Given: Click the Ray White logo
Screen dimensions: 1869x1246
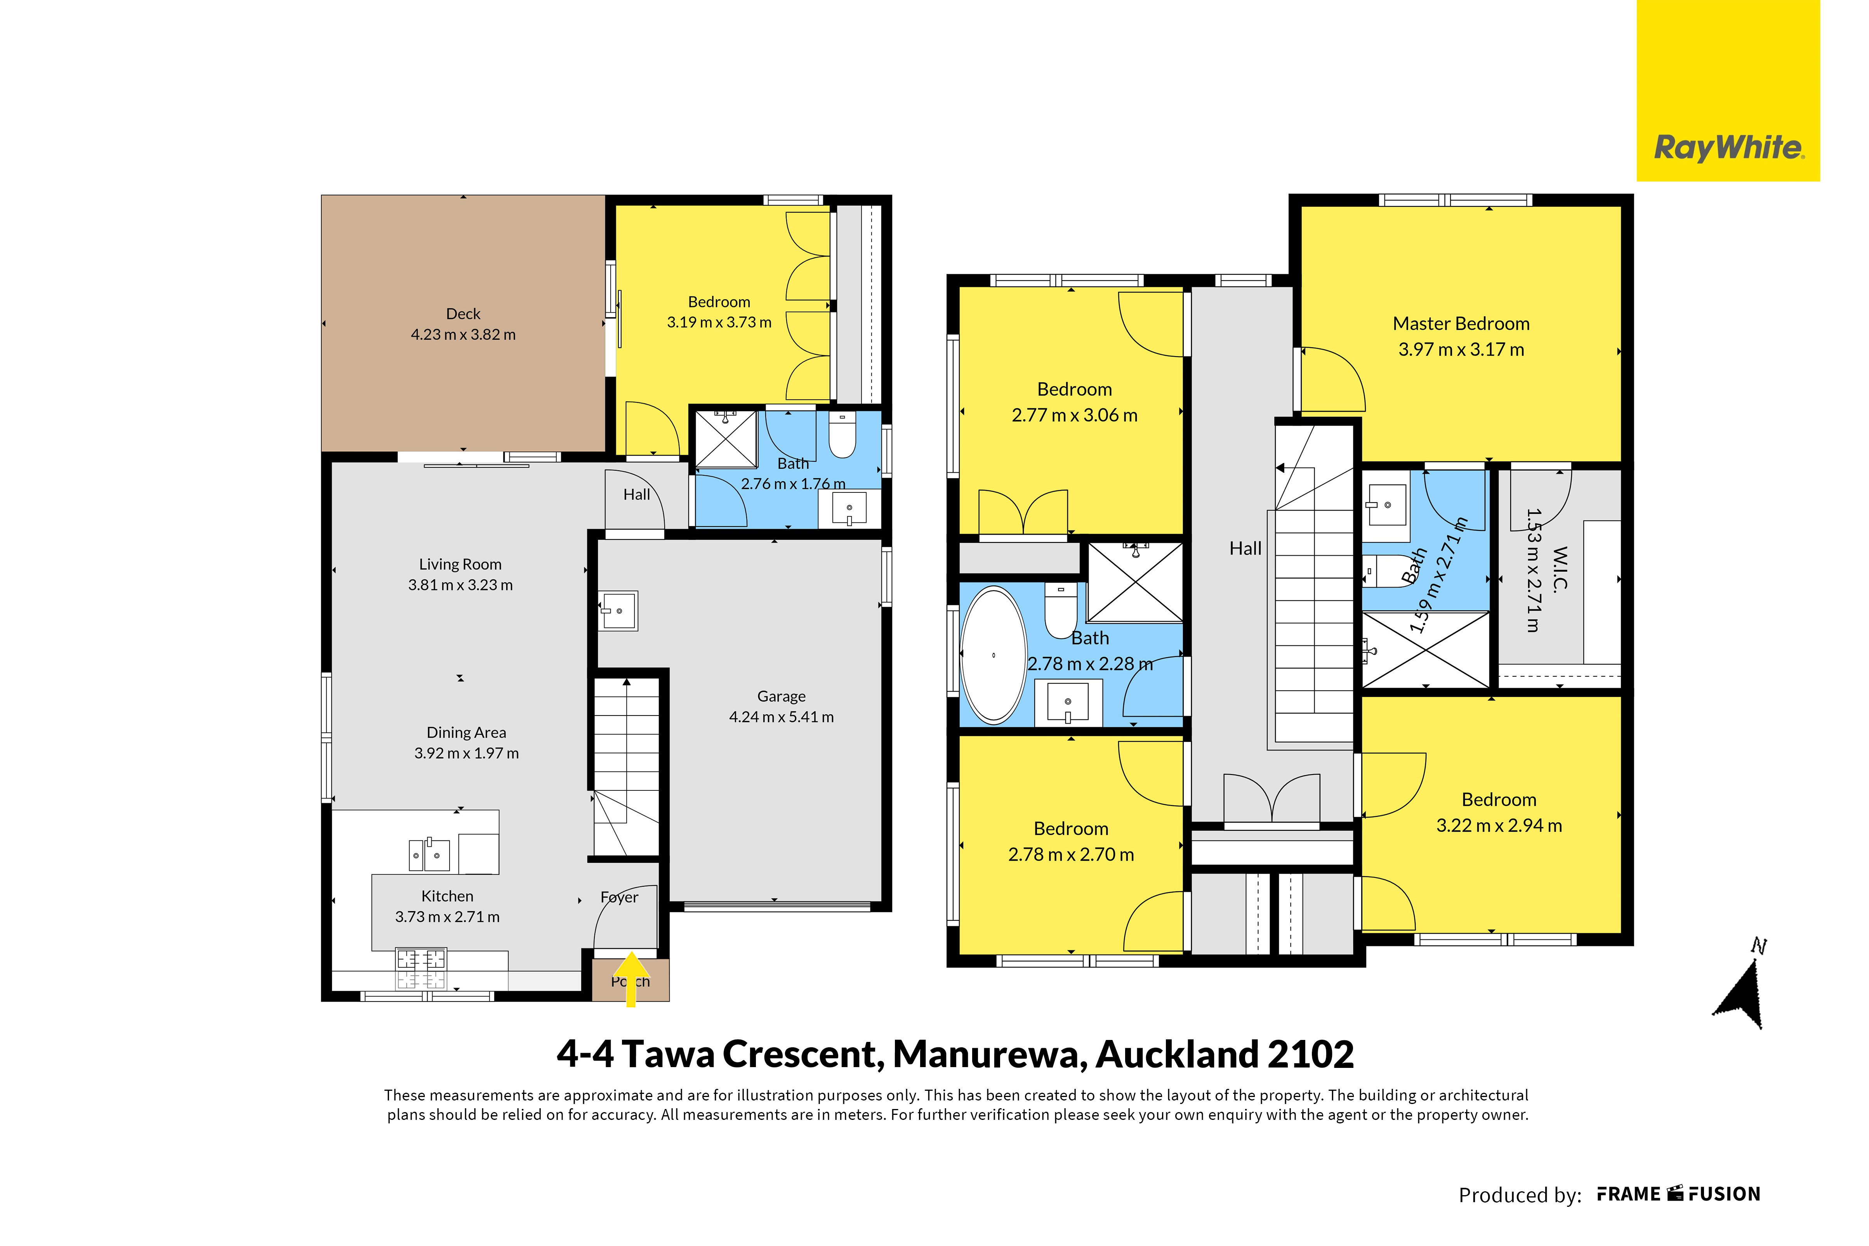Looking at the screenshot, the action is click(1728, 90).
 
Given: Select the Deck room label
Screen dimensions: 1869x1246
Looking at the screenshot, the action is click(464, 314).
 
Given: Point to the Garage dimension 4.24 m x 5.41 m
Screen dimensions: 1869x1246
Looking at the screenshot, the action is click(782, 717).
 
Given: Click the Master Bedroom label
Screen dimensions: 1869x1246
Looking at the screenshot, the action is click(1461, 323).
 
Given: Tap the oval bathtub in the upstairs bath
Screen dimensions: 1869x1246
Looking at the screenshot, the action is click(994, 655).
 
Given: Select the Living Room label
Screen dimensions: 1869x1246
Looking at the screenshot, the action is click(460, 564).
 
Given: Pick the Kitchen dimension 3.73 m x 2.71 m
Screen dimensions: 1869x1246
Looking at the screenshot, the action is click(448, 917).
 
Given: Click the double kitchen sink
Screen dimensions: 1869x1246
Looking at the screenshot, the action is click(429, 855).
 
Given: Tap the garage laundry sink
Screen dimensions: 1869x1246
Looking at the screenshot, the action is click(618, 611).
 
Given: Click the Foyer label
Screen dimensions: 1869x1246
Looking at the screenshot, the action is click(619, 897).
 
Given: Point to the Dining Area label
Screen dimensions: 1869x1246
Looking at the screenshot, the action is click(467, 733).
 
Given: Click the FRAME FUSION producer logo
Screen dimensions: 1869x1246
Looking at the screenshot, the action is click(1679, 1194).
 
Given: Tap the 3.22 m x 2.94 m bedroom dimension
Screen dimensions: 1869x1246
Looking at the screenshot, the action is click(1499, 826).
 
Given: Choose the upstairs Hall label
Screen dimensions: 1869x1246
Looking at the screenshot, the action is click(1246, 548).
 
